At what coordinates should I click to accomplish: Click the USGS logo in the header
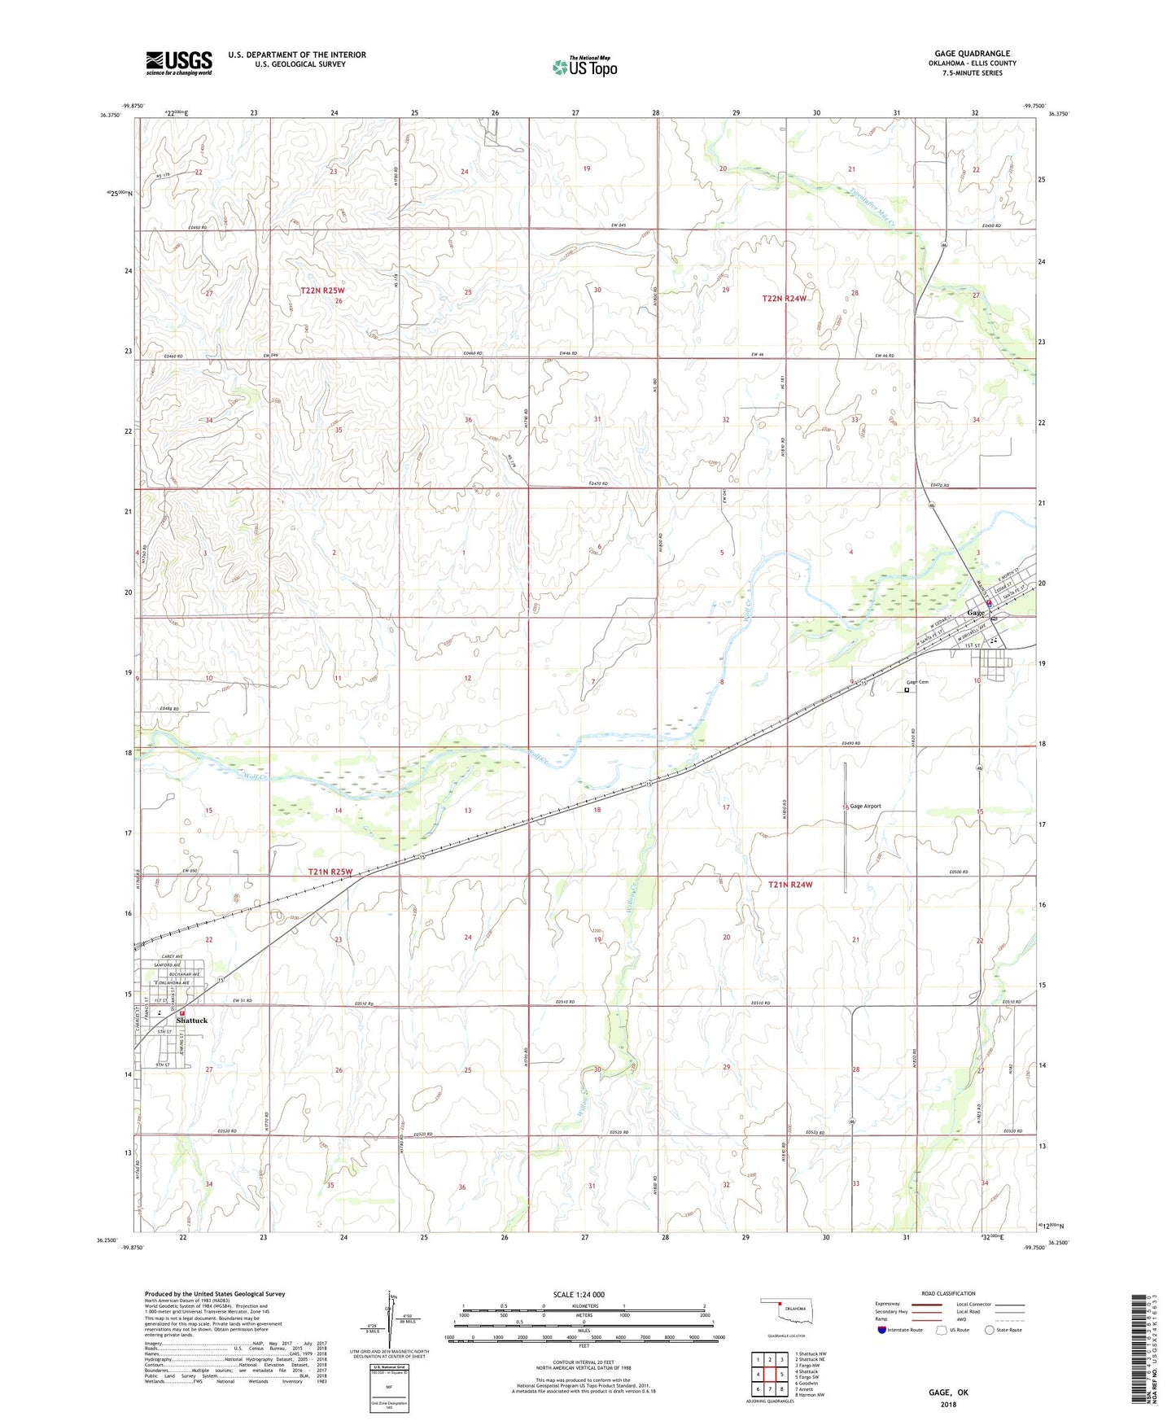pos(178,63)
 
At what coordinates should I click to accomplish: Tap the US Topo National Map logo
pos(584,66)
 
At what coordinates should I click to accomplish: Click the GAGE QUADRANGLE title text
pos(972,54)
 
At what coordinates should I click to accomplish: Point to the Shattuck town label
pos(192,1020)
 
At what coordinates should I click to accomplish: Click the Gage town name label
pos(975,612)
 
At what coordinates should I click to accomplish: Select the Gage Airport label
pos(865,806)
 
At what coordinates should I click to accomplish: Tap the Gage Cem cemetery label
pos(917,682)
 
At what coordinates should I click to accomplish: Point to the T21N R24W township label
pos(790,884)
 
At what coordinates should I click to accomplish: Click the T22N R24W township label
pos(784,299)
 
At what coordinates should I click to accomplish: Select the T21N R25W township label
pos(330,872)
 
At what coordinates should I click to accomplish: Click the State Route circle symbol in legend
pos(989,1330)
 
